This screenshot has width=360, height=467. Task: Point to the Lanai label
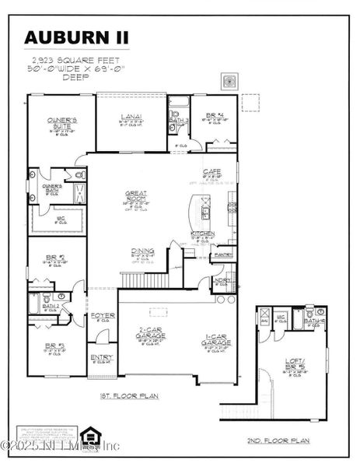point(129,118)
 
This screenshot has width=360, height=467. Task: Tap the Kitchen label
point(203,233)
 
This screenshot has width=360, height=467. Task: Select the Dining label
point(142,251)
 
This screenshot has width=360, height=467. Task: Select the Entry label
point(101,358)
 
